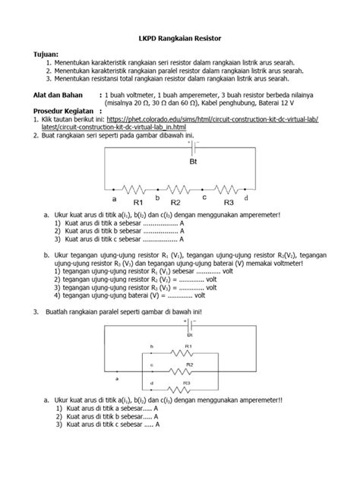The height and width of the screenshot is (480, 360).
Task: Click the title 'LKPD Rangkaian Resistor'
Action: click(x=179, y=37)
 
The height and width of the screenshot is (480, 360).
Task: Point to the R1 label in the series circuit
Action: click(x=139, y=203)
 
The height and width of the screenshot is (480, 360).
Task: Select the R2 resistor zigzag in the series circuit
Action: click(x=175, y=190)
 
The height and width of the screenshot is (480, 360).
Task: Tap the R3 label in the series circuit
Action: click(x=229, y=203)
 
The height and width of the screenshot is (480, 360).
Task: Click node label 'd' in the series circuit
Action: click(x=246, y=197)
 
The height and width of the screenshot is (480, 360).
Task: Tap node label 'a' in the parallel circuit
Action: click(x=116, y=377)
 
